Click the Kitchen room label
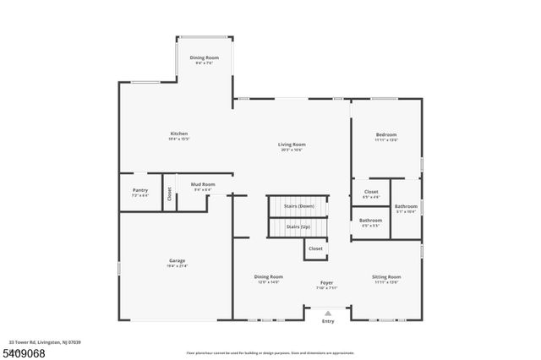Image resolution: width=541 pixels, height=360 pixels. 178,134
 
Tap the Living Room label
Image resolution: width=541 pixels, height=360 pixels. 291,145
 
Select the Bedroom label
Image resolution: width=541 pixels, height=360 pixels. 386,134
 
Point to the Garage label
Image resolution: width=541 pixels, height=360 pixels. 178,260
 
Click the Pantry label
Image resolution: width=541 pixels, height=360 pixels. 139,190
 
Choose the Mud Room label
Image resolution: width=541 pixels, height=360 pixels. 203,184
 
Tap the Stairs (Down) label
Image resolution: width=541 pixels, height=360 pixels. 299,206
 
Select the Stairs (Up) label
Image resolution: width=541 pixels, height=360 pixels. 298,226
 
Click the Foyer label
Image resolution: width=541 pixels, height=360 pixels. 326,282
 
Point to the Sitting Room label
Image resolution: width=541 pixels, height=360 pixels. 386,276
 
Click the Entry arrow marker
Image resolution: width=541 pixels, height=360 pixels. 328,314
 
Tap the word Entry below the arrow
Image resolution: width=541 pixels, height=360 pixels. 328,321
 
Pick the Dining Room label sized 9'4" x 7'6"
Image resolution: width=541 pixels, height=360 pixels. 204,57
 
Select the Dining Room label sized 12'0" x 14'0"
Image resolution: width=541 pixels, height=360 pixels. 269,276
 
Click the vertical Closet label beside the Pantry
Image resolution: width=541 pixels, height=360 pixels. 169,193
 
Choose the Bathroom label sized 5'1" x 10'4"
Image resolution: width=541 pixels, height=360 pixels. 406,206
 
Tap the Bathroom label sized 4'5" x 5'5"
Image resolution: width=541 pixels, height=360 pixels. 371,221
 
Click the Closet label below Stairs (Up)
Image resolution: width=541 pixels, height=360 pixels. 315,248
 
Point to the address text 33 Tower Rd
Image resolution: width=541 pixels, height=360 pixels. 42,343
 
